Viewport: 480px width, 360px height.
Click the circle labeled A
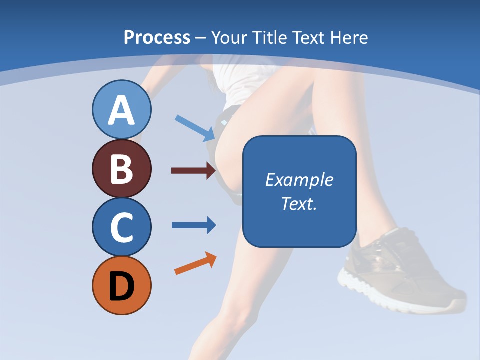(121, 109)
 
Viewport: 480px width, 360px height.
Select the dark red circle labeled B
(121, 168)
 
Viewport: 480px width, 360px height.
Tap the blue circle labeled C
(121, 227)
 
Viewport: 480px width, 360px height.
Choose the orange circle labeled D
(121, 285)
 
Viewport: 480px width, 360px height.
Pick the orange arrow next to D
(195, 263)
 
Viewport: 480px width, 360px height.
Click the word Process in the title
(157, 38)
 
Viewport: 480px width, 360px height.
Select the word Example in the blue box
(299, 180)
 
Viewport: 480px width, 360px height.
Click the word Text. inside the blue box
(299, 203)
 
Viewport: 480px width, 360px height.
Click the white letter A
(121, 110)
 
